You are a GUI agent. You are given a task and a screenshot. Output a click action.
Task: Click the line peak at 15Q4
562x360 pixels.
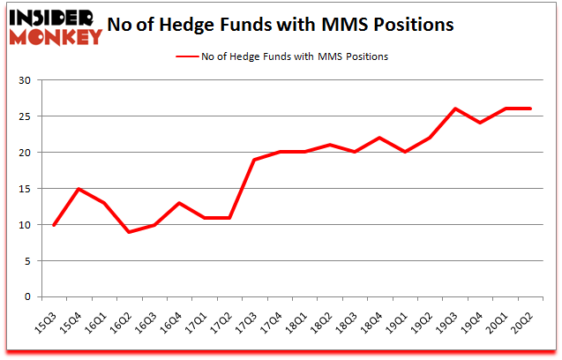click(79, 189)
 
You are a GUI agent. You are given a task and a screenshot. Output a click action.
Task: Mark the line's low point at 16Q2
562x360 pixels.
click(129, 232)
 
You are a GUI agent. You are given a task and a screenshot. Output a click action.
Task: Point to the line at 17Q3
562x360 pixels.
click(254, 160)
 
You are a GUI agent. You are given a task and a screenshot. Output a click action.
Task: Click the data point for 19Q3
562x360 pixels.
click(454, 109)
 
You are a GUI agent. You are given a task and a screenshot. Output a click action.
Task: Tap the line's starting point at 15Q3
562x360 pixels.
click(54, 225)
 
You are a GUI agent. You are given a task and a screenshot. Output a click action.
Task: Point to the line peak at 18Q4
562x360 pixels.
click(379, 138)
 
